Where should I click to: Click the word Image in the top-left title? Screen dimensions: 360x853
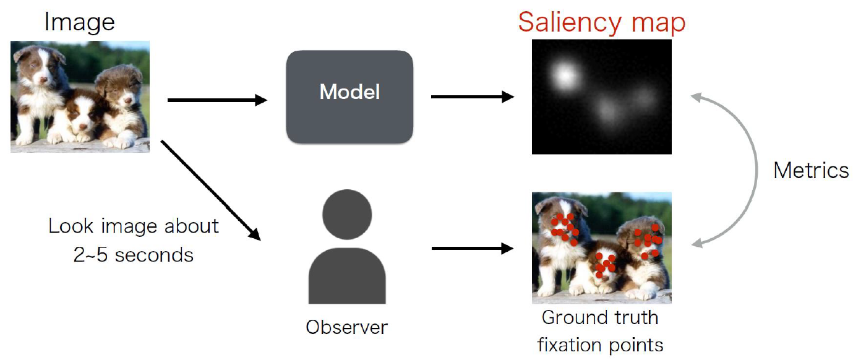(79, 22)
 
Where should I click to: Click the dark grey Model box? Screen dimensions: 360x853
(349, 96)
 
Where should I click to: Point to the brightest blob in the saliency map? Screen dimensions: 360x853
(564, 76)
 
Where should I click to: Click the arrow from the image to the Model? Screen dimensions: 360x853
(216, 100)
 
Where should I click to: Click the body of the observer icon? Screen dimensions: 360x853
(347, 275)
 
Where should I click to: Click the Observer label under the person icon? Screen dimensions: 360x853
(346, 327)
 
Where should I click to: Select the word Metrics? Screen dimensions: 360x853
(811, 170)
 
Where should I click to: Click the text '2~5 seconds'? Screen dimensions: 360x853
(133, 254)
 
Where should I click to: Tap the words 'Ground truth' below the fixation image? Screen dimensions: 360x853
(600, 318)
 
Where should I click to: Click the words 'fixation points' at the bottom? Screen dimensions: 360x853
(600, 344)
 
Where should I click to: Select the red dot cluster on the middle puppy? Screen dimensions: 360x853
(603, 265)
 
